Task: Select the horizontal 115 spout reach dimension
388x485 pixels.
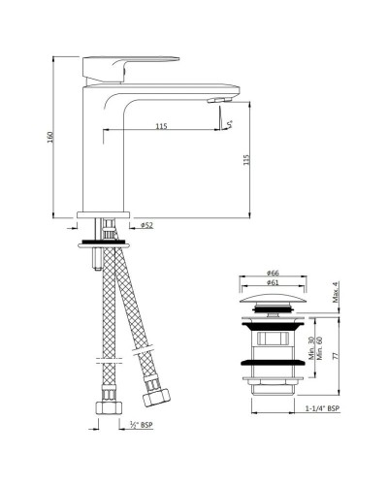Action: click(159, 124)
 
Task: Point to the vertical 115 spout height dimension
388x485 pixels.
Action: click(247, 160)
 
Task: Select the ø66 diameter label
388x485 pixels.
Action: click(273, 275)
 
